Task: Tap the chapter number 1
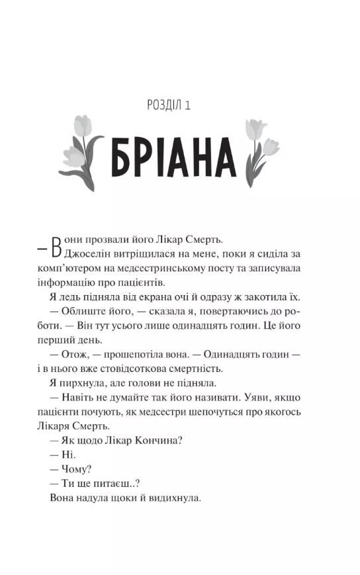[x=197, y=105]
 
